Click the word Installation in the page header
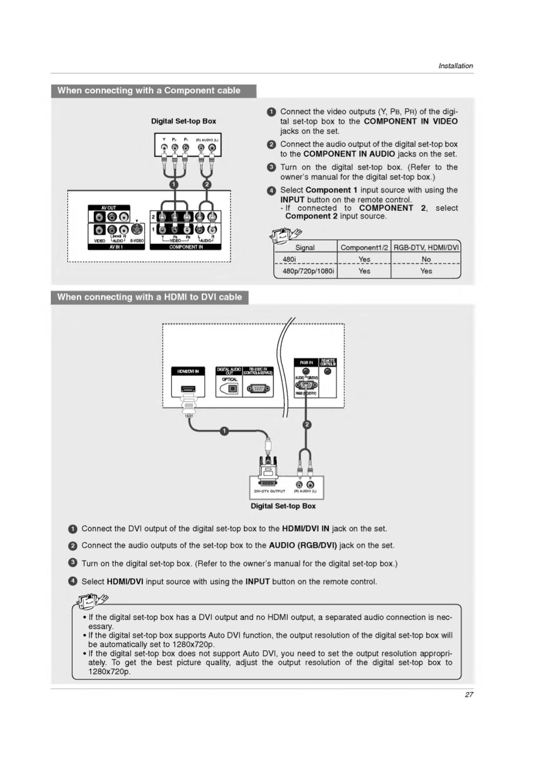coord(455,66)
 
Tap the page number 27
coord(469,694)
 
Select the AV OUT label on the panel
coord(109,207)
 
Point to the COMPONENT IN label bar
coord(186,247)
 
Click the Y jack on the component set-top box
coord(164,148)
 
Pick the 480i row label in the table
coord(289,259)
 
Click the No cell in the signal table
coord(426,259)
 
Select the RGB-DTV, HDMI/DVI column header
coord(426,247)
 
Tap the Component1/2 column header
coord(364,247)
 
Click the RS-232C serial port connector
coord(258,389)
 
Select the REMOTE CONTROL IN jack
coord(328,372)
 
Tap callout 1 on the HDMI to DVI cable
coord(224,431)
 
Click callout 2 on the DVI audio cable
coord(307,424)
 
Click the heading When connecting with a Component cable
coord(149,91)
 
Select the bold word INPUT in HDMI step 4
coord(257,581)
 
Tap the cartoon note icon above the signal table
coord(285,234)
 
